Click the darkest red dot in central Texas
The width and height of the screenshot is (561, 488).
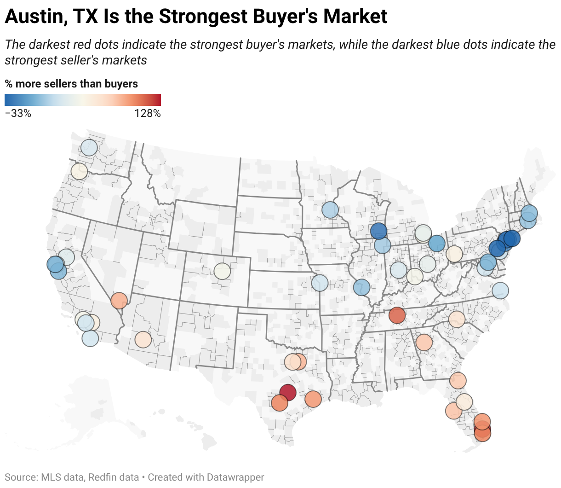coord(287,393)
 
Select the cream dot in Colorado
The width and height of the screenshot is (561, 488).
coord(222,271)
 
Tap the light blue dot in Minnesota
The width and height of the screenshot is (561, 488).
coord(330,209)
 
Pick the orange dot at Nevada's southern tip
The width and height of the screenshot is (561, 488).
coord(119,301)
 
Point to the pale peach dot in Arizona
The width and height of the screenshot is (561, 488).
coord(143,340)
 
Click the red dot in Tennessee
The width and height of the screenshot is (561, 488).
coord(397,316)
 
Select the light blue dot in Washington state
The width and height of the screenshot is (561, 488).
coord(89,148)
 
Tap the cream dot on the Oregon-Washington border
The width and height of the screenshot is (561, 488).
coord(79,171)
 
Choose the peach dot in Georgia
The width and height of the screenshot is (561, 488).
coord(424,343)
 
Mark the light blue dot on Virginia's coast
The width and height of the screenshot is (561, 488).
coord(500,291)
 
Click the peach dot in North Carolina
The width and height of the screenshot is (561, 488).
coord(457,319)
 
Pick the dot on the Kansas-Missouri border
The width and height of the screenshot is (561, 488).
coord(320,283)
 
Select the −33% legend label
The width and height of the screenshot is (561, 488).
coord(18,113)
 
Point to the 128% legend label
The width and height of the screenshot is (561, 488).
coord(148,113)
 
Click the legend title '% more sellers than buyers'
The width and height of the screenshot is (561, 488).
coord(71,84)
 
